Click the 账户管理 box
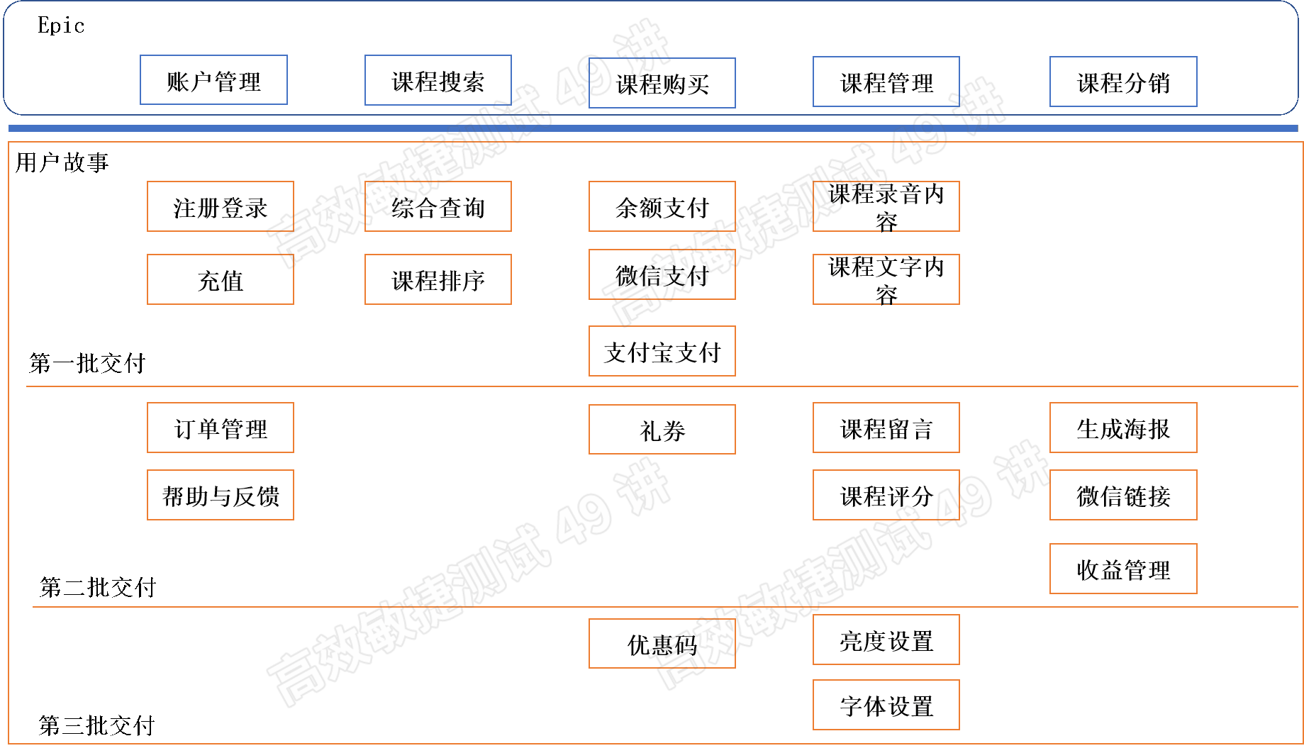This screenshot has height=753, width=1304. [213, 80]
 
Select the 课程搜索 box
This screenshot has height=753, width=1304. [438, 80]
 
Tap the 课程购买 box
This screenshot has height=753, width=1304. [662, 83]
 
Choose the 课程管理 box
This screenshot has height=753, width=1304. [886, 82]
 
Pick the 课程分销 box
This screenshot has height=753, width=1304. [1123, 82]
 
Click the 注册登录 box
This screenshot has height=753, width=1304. [220, 206]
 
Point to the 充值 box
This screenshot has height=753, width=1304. [220, 279]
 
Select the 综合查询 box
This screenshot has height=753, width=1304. [438, 206]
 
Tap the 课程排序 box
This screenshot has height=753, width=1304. [438, 279]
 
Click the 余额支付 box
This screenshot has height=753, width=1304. [662, 206]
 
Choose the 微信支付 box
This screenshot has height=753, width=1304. [662, 274]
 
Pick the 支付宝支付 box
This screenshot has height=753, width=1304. [662, 351]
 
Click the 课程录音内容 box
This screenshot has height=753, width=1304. [886, 206]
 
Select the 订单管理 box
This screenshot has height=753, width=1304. [220, 428]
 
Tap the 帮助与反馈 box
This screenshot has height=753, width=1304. [220, 495]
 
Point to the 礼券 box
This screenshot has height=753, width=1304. [662, 429]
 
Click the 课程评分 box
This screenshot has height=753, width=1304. [886, 495]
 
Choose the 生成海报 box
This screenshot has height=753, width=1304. [1123, 428]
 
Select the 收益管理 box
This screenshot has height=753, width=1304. [1123, 569]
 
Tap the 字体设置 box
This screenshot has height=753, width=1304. [886, 705]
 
